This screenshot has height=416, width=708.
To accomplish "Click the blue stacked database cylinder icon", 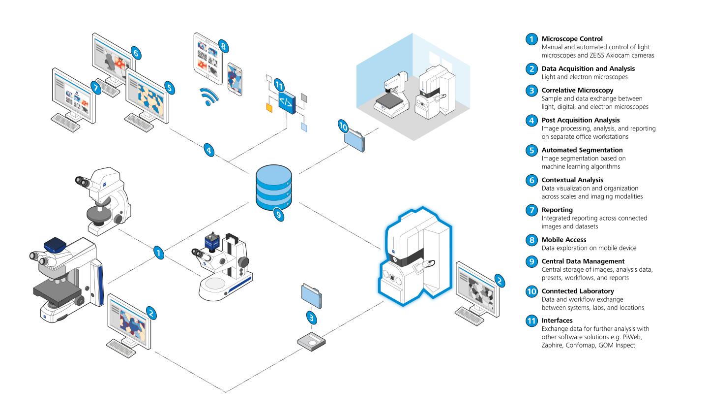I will point(273,188).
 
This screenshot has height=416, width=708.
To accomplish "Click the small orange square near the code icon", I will point(269,107).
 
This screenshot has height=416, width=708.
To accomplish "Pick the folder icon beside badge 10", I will point(355,141).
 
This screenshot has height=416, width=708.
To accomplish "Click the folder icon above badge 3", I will point(312,297).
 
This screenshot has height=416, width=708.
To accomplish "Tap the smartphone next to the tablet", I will point(235,79).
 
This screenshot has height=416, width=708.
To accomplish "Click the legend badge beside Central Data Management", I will point(531,261).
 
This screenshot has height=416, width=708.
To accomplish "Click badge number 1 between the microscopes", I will point(158,253).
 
